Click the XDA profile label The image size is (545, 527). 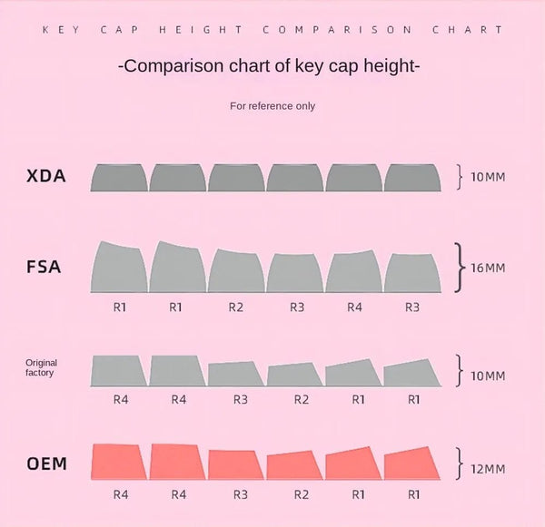(46, 176)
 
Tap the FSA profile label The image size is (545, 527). (45, 268)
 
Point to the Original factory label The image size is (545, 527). (41, 367)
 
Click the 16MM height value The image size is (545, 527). (489, 268)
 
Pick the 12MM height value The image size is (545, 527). (489, 468)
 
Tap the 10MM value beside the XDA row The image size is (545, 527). (488, 176)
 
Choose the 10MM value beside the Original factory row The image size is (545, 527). (488, 375)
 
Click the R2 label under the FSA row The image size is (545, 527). (236, 307)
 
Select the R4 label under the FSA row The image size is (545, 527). (354, 307)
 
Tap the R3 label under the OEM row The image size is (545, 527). (240, 495)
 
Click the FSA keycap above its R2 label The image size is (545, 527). (236, 270)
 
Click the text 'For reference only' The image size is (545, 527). (272, 106)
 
